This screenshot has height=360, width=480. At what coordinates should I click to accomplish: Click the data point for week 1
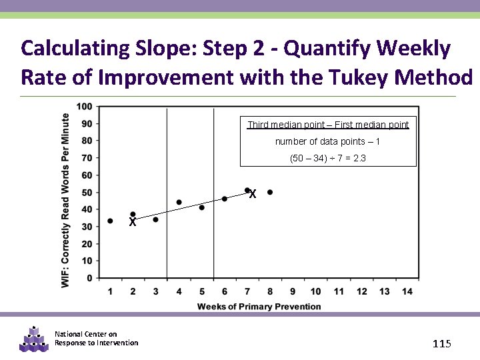pos(110,221)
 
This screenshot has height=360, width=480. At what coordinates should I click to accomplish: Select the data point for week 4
pos(179,202)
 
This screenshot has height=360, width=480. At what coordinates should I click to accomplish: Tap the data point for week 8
pos(270,192)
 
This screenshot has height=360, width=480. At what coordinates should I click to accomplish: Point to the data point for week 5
pos(201,207)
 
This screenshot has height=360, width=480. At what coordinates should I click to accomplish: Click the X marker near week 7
pos(253,195)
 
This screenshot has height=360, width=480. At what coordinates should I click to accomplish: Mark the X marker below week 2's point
pos(133,223)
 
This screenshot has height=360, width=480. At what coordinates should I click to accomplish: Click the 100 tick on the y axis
pos(85,107)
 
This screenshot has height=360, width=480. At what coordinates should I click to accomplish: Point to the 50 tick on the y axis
pos(87,193)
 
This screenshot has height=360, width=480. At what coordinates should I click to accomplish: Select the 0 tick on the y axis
pos(90,278)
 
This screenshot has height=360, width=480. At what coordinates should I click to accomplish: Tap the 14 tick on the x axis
pos(407,291)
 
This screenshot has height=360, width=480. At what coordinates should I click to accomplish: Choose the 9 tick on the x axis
pos(293,291)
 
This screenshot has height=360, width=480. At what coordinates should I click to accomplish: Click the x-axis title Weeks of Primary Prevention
pos(259,307)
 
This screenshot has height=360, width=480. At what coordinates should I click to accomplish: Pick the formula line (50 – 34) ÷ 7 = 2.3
pos(327,159)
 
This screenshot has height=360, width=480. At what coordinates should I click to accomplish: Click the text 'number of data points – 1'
pos(327,141)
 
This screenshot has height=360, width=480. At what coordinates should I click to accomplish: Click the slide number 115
pos(442,343)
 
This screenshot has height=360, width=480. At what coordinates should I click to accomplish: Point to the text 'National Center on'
pos(85,334)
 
